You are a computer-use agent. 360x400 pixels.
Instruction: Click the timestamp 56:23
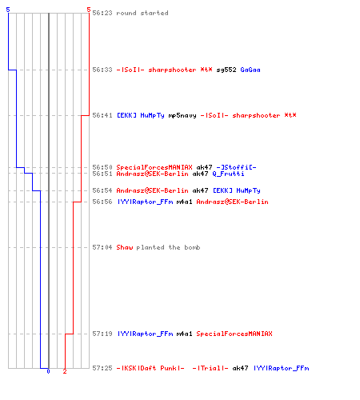coord(102,13)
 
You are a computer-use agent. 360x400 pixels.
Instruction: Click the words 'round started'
coord(142,13)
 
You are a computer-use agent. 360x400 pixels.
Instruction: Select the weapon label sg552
coord(226,70)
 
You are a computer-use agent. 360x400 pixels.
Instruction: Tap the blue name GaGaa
coord(250,70)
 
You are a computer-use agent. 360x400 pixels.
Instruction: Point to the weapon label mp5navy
coord(182,115)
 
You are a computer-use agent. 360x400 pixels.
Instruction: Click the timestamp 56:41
coord(102,115)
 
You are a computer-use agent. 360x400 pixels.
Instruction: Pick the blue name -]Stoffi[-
coord(236,167)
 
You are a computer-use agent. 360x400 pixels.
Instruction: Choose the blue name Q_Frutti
coord(228,174)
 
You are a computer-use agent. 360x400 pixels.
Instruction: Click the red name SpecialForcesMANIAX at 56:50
coord(154,167)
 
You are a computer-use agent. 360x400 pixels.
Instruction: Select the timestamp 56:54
coord(102,190)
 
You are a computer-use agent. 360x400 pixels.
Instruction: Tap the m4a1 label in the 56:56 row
coord(184,202)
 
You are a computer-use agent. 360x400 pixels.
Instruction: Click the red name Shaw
coord(125,247)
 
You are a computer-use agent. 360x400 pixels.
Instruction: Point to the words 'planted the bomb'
coord(168,247)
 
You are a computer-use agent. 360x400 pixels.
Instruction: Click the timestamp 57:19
coord(102,334)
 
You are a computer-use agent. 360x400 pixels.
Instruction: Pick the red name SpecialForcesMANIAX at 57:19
coord(234,334)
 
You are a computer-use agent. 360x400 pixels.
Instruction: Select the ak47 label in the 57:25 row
coord(240,368)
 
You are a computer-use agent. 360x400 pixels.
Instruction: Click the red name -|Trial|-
coord(210,368)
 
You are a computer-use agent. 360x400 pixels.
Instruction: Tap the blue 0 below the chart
coord(48,371)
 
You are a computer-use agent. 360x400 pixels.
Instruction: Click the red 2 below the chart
coord(65,371)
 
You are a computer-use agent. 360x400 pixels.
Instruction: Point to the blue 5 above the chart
coord(8,10)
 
